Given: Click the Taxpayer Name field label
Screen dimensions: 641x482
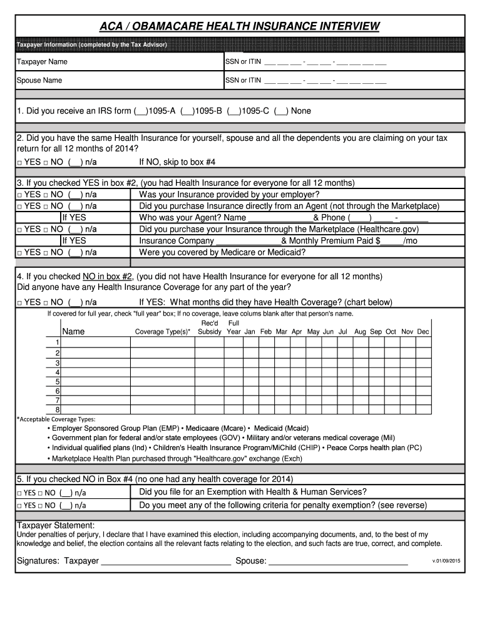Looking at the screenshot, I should pyautogui.click(x=42, y=62).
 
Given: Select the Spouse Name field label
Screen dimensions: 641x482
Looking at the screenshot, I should pyautogui.click(x=39, y=80).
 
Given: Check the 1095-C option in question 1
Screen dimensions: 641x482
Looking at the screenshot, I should pyautogui.click(x=234, y=111).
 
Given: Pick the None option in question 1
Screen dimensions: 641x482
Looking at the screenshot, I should pyautogui.click(x=281, y=111).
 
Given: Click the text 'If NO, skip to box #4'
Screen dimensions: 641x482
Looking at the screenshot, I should pyautogui.click(x=177, y=162).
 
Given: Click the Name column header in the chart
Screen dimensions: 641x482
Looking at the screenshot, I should pyautogui.click(x=73, y=331).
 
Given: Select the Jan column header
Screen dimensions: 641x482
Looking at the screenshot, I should pyautogui.click(x=250, y=331).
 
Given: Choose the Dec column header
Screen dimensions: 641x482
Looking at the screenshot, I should pyautogui.click(x=423, y=331).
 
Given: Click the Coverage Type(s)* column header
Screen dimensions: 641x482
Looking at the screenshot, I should pyautogui.click(x=163, y=332).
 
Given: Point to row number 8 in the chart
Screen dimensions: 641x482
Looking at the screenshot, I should pyautogui.click(x=57, y=409).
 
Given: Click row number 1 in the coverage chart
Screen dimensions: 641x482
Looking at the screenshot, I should pyautogui.click(x=57, y=342).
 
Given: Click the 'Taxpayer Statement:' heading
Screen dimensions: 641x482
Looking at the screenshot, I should pyautogui.click(x=56, y=525).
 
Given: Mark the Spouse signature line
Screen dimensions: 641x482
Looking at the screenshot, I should pyautogui.click(x=338, y=562).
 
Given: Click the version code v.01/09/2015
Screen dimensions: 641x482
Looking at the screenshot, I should pyautogui.click(x=446, y=561).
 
